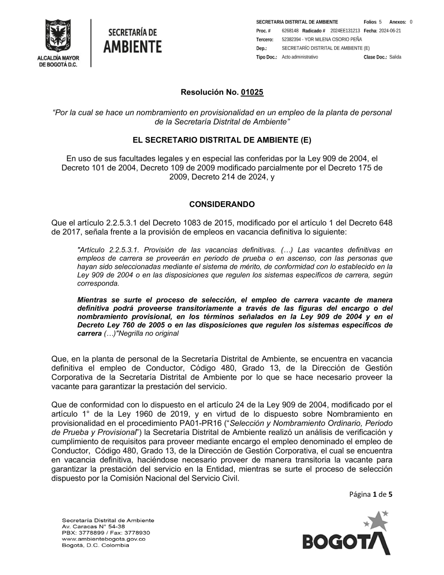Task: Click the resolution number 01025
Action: tap(252, 92)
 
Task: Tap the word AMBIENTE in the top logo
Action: tap(132, 47)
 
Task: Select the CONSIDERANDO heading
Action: tap(222, 204)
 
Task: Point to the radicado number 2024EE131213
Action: tap(345, 31)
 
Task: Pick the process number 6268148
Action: tap(290, 31)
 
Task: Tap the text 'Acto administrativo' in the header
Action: tap(300, 57)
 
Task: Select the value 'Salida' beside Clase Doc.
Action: tap(395, 57)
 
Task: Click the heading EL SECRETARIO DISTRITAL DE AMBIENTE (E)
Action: tap(222, 140)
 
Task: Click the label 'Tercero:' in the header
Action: tap(265, 40)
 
